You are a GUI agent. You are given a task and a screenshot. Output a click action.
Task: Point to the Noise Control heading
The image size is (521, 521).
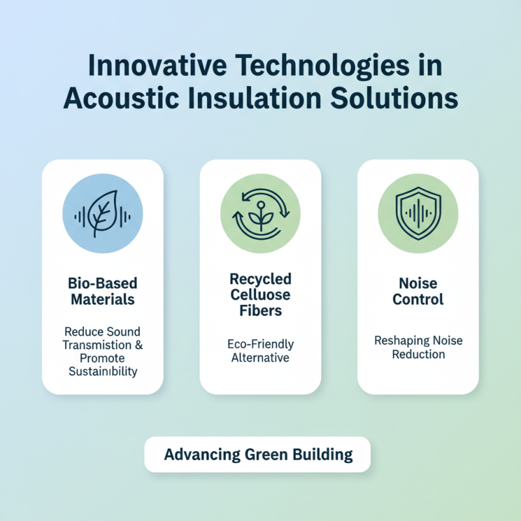click(x=417, y=292)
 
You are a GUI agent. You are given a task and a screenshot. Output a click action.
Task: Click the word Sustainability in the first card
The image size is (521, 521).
click(x=104, y=371)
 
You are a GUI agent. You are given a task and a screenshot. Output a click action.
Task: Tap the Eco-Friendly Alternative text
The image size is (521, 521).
click(x=260, y=350)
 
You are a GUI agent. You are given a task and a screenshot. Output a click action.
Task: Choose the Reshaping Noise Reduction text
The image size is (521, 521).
click(x=417, y=347)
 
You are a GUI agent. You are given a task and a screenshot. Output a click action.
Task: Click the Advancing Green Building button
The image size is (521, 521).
click(x=258, y=454)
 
